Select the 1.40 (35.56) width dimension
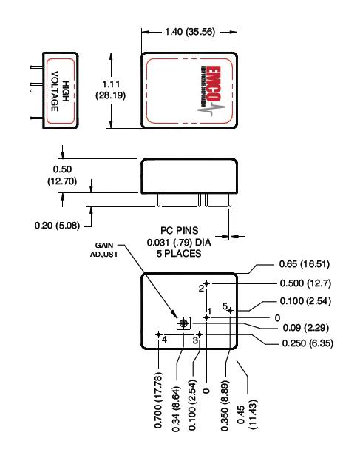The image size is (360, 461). (x=190, y=33)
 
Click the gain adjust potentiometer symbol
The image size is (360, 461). (x=183, y=323)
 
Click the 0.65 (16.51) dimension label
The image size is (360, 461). (x=303, y=265)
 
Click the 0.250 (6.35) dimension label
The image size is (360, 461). (x=305, y=343)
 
